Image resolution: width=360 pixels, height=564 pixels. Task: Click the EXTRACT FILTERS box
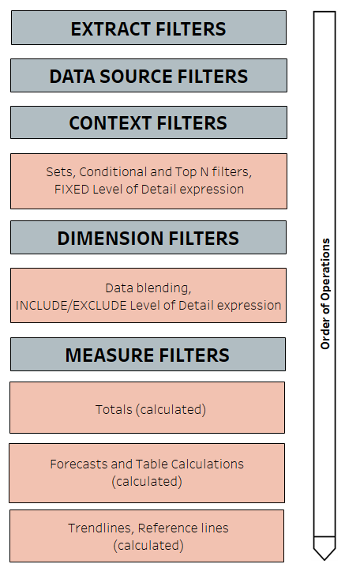[148, 28]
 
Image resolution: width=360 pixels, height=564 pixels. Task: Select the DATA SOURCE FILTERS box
[148, 76]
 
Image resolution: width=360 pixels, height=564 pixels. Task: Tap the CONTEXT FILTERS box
[148, 122]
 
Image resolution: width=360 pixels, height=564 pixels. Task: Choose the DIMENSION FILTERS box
[148, 238]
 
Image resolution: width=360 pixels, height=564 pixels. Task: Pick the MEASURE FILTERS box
[148, 355]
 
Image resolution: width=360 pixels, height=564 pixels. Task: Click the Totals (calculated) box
[148, 408]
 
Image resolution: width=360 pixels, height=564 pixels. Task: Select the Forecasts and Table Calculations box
[147, 472]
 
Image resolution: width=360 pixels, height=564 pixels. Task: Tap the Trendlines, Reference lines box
[147, 536]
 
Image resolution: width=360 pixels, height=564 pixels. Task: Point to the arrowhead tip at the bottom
[324, 556]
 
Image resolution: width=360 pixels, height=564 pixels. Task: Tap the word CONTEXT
[105, 123]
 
